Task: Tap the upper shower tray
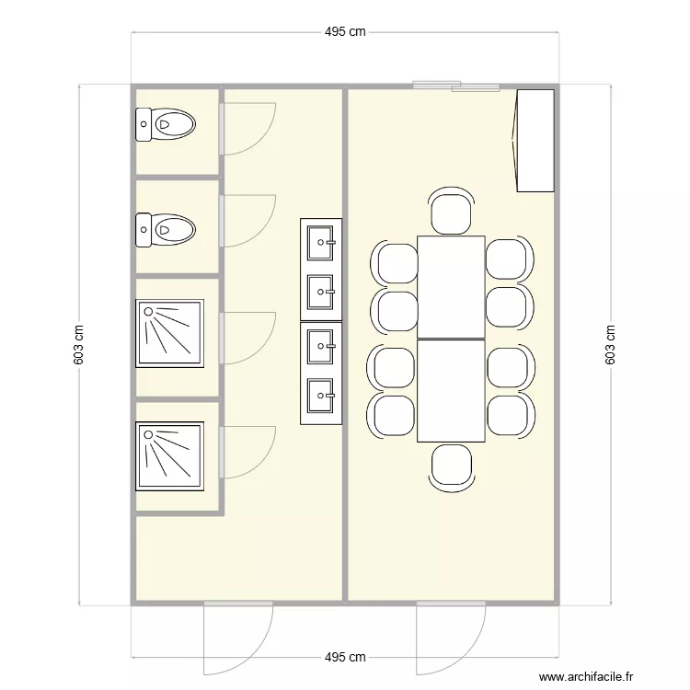pos(168,334)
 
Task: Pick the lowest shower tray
pos(168,456)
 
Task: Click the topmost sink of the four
pos(321,242)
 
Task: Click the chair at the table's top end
pos(452,211)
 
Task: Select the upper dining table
pos(451,287)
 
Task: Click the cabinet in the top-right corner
pos(535,140)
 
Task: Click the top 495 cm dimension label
pos(345,31)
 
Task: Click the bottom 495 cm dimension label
pos(345,658)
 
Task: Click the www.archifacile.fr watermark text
pos(587,676)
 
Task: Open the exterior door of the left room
pos(237,635)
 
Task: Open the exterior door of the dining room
pos(450,635)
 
